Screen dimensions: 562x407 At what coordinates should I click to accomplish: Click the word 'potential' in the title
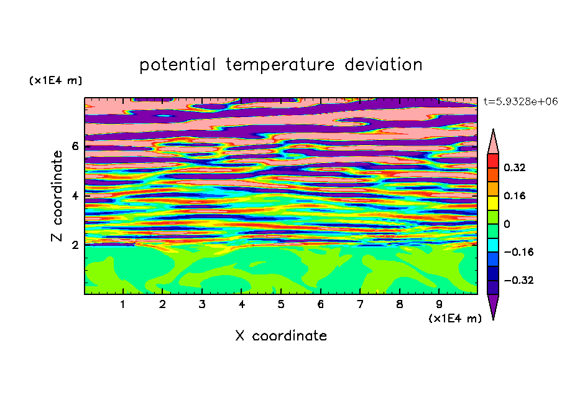click(x=177, y=65)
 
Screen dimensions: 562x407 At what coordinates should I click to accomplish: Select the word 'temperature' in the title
click(x=280, y=65)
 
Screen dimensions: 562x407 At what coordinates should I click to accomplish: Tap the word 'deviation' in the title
click(x=384, y=65)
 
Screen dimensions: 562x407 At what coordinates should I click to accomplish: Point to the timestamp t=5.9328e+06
click(x=520, y=102)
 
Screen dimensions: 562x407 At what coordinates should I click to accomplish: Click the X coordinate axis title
click(x=281, y=336)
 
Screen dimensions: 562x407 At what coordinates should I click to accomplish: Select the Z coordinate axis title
click(x=57, y=195)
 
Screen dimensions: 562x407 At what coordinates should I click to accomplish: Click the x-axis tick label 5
click(x=281, y=304)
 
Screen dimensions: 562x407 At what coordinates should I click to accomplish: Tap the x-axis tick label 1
click(x=122, y=304)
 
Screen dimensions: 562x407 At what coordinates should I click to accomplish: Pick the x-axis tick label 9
click(x=439, y=304)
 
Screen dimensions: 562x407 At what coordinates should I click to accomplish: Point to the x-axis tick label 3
click(x=202, y=304)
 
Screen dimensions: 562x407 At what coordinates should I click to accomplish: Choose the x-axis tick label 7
click(x=360, y=304)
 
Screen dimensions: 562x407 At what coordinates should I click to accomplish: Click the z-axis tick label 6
click(x=75, y=146)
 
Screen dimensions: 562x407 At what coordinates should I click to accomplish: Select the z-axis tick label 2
click(x=75, y=245)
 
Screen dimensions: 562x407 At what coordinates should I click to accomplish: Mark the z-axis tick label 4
click(x=75, y=195)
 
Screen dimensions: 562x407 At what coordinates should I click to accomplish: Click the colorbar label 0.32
click(x=515, y=167)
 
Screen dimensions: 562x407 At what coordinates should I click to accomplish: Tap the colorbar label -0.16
click(x=518, y=252)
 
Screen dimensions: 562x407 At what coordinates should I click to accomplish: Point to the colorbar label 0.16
click(x=515, y=195)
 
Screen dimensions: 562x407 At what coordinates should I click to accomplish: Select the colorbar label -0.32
click(x=518, y=280)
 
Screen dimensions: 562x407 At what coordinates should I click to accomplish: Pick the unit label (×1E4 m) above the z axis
click(x=55, y=80)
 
